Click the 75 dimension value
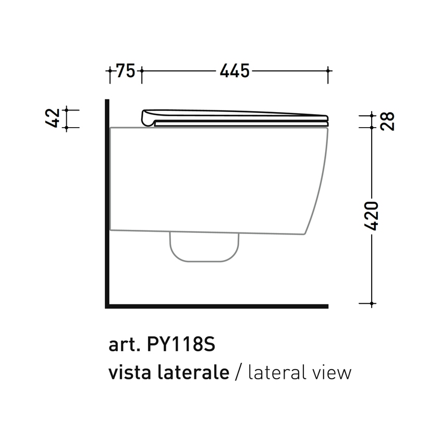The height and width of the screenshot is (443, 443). (126, 70)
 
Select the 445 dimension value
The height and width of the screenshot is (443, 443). (235, 71)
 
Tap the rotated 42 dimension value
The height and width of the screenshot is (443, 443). (53, 118)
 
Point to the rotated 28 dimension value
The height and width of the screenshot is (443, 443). (387, 121)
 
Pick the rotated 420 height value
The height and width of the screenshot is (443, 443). (371, 216)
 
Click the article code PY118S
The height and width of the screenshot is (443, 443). (181, 344)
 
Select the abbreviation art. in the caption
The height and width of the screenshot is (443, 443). (125, 345)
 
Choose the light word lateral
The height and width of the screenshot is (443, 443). (276, 372)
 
